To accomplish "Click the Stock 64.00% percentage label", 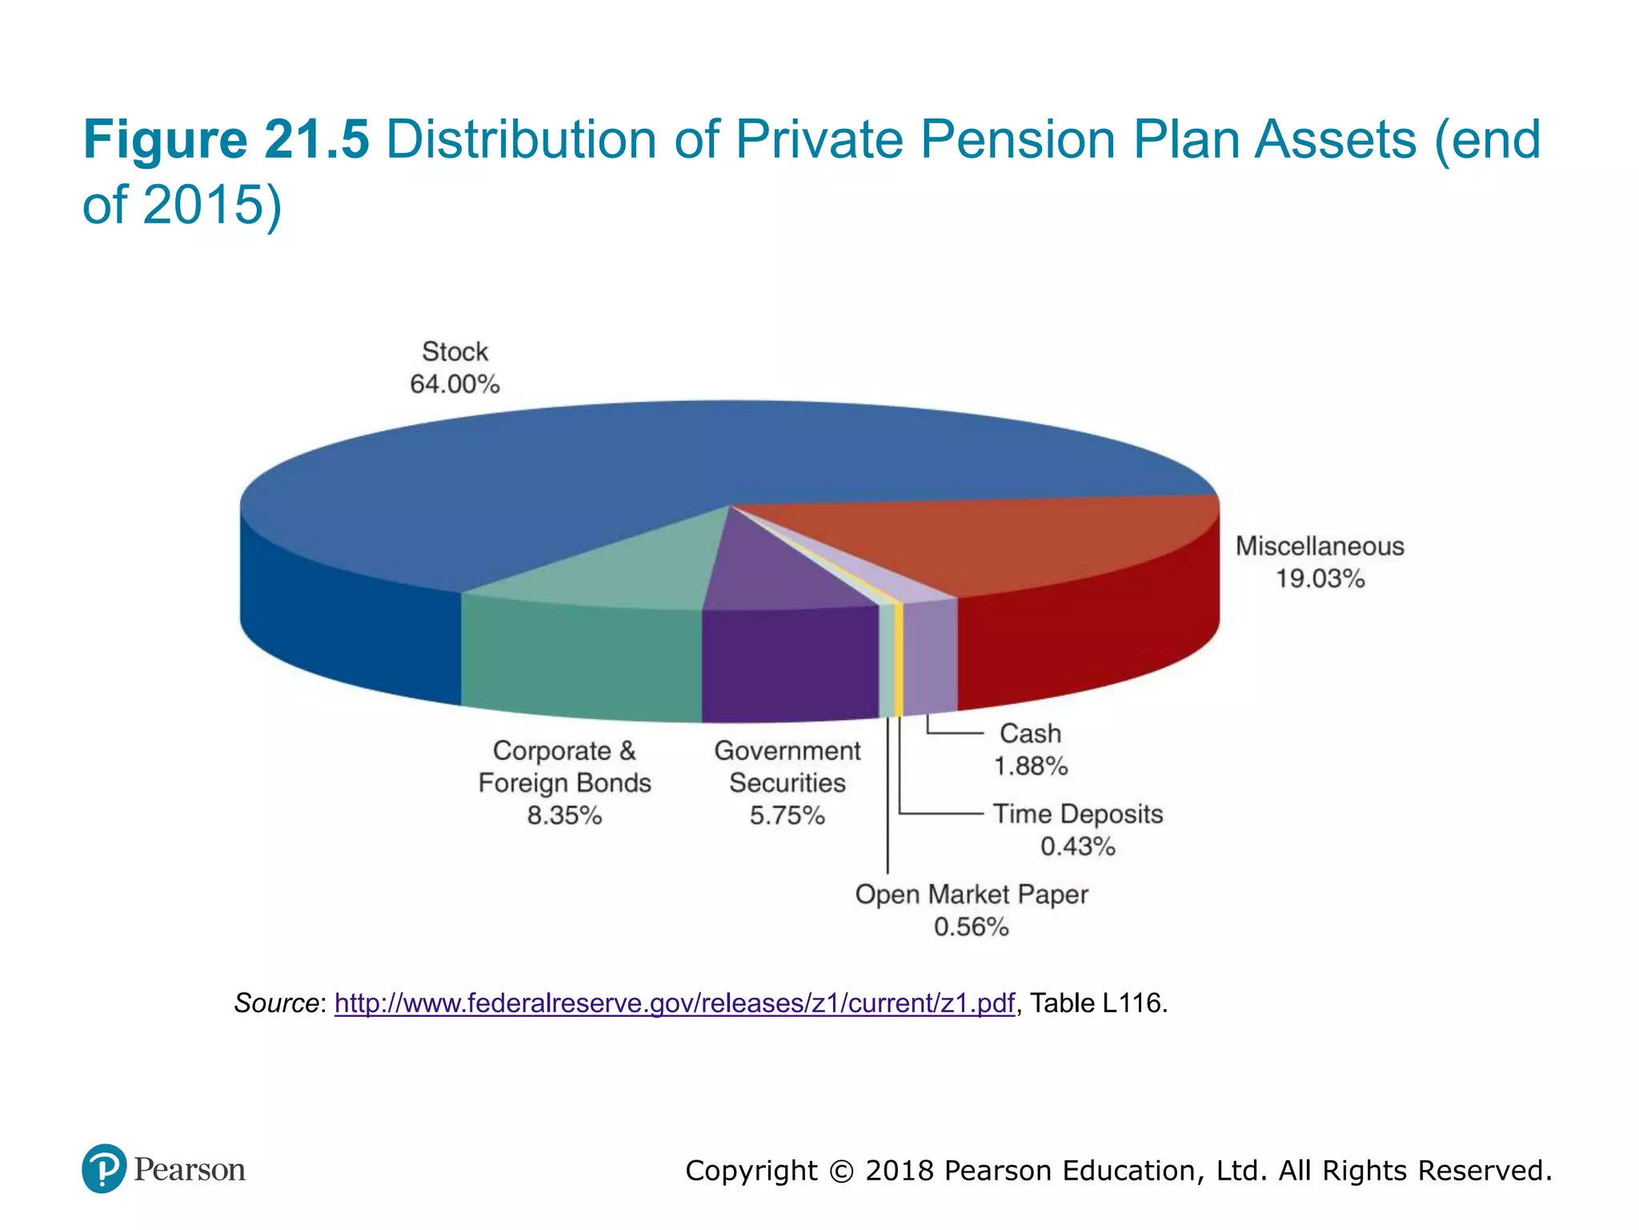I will (x=455, y=384).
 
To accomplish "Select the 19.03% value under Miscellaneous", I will (x=1320, y=578).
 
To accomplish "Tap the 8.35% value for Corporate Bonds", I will (x=564, y=815).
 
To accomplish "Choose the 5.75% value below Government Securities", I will (x=787, y=815).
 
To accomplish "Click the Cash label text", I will (x=1030, y=734).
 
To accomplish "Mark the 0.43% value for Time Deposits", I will (x=1077, y=846).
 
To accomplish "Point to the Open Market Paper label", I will (x=971, y=894).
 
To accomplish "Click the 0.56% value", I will (x=971, y=927).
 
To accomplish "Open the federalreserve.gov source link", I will (x=674, y=1003).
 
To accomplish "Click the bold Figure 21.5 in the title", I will (x=226, y=140).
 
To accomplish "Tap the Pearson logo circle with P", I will (x=104, y=1168).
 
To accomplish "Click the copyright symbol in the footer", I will (x=841, y=1172).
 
